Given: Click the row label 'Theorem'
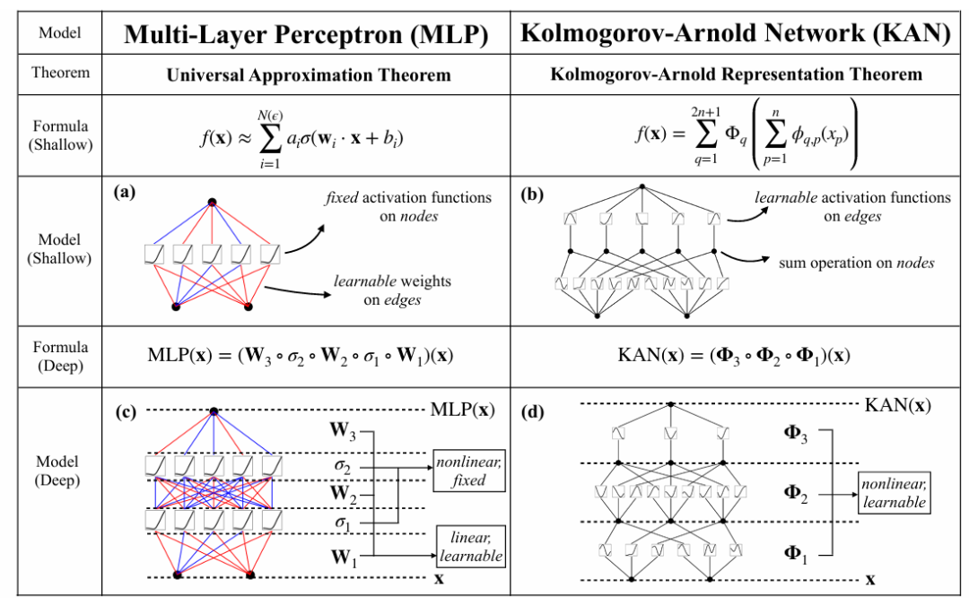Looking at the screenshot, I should click(x=60, y=73).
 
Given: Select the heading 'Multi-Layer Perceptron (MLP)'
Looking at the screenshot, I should click(x=306, y=34).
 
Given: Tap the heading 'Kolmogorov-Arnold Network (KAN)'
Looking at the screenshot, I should click(x=735, y=34).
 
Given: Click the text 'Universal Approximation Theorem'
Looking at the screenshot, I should click(x=306, y=75).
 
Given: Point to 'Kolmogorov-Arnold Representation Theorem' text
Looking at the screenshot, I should click(x=735, y=75).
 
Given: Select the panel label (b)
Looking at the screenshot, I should click(x=533, y=192).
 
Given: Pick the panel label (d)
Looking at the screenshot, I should click(x=534, y=414).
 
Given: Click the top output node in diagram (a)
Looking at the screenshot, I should click(x=213, y=202).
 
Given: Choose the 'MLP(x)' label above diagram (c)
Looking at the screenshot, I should click(x=460, y=411).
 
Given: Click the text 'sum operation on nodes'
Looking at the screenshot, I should click(x=856, y=263).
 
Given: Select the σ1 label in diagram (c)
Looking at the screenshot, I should click(x=344, y=523).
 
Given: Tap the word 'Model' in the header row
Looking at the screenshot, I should click(x=60, y=33).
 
